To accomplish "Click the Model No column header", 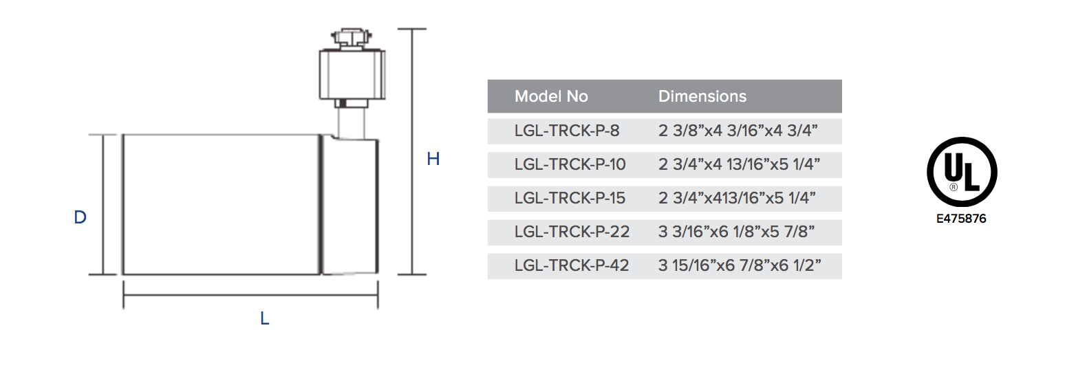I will tap(551, 96).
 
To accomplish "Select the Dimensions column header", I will tap(702, 96).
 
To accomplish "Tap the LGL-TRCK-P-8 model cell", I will tap(567, 131).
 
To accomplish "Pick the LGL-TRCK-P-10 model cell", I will tap(570, 164).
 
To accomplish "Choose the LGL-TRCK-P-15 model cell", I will tap(570, 198).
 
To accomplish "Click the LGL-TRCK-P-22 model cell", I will tap(571, 232).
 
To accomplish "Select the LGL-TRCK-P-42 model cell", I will tap(571, 265).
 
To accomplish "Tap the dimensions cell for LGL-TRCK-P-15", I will tap(737, 198).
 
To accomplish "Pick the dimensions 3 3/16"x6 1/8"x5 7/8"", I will tap(736, 232).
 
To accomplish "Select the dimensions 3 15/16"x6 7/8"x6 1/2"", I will tap(740, 265).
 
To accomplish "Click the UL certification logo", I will tap(961, 171).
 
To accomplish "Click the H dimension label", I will tap(433, 159).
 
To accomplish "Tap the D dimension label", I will tap(80, 218).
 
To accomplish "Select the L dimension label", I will tap(264, 319).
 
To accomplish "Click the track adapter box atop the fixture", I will tap(351, 74).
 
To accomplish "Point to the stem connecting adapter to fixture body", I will tap(351, 122).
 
